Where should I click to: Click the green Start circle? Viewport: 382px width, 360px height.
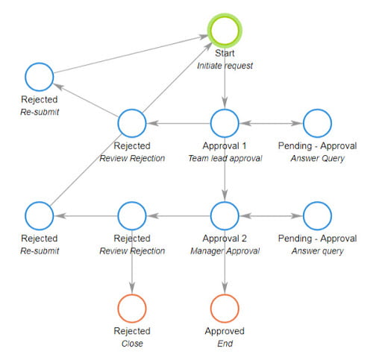[x=224, y=31]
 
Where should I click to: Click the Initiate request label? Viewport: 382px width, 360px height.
[x=224, y=66]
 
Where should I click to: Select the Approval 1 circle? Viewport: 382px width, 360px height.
[x=224, y=123]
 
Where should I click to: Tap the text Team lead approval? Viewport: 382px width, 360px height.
[x=224, y=158]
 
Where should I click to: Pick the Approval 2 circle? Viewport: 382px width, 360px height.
[x=224, y=215]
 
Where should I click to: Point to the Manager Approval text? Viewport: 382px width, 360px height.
[x=224, y=250]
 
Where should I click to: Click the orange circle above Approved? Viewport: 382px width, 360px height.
[x=224, y=308]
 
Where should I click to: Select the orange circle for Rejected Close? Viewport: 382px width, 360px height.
[x=132, y=308]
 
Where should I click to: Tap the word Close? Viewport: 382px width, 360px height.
[x=132, y=344]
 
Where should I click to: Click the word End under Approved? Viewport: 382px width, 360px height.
[x=224, y=344]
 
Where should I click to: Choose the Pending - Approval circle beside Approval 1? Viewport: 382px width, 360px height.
[x=316, y=123]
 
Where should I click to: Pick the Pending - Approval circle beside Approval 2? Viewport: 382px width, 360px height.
[x=316, y=215]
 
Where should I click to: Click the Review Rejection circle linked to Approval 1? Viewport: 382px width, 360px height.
[x=132, y=123]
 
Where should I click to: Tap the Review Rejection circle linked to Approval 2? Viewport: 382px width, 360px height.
[x=132, y=215]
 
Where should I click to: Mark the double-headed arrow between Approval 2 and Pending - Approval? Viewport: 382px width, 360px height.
[x=270, y=215]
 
